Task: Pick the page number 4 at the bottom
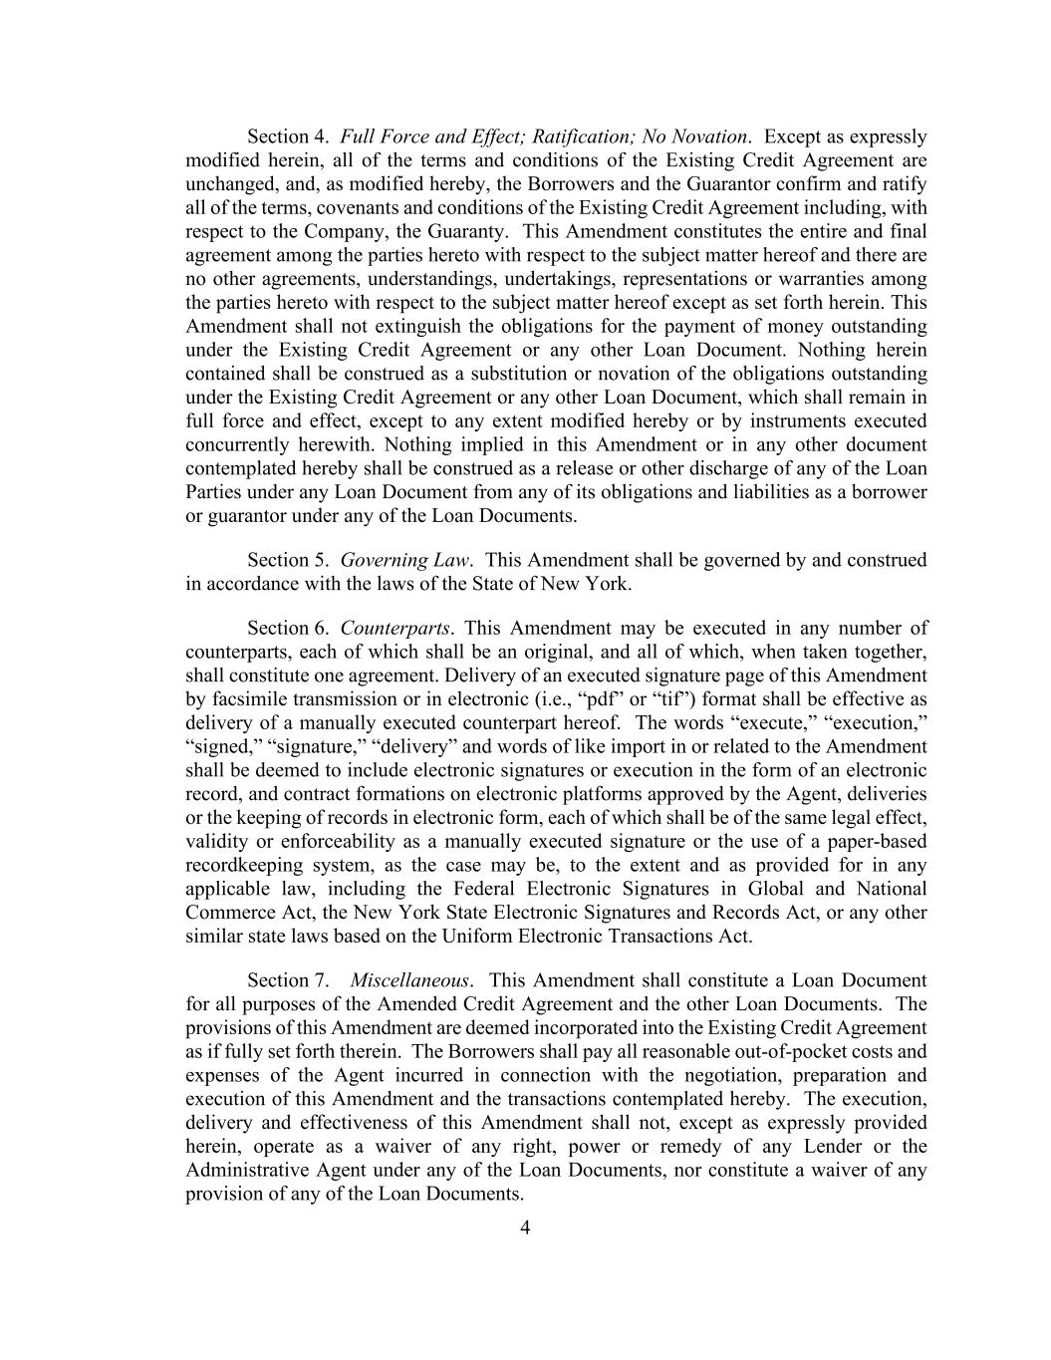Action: click(525, 1227)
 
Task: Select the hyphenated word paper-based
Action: click(876, 842)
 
